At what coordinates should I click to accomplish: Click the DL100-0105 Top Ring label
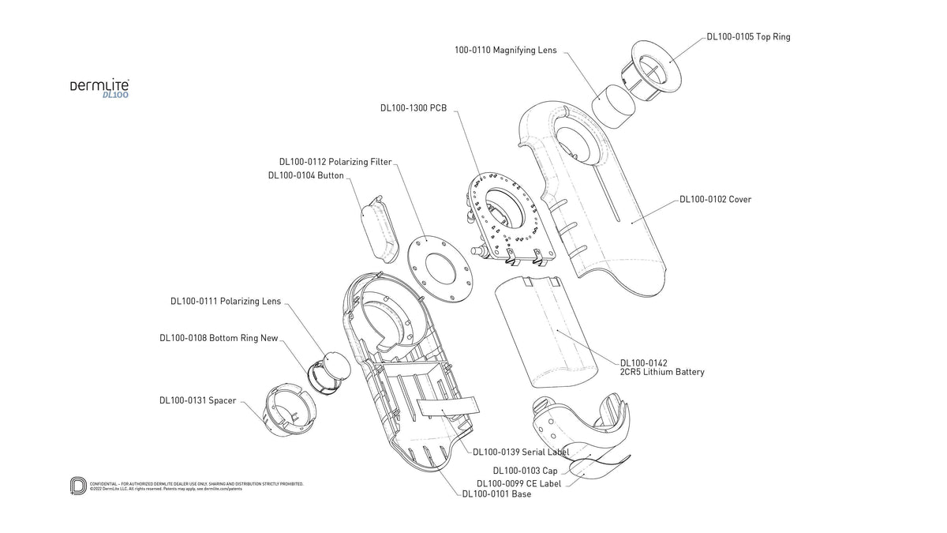coord(747,37)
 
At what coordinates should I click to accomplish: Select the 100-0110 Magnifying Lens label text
coord(505,50)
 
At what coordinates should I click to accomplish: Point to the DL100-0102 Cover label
coord(715,200)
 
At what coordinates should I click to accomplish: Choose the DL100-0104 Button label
coord(305,175)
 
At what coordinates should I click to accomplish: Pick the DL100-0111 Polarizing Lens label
coord(226,301)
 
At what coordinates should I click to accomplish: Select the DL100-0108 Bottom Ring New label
coord(219,338)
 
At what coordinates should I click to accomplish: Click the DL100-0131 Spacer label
coord(197,400)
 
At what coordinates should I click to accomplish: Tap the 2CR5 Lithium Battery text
coord(662,372)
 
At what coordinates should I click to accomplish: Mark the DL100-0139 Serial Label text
coord(521,452)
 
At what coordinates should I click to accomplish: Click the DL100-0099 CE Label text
coord(518,483)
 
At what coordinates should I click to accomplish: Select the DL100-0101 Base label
coord(496,494)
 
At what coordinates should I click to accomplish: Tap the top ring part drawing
coord(651,75)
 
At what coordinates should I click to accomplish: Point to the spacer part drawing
coord(288,411)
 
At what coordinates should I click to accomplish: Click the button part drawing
coord(379,225)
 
